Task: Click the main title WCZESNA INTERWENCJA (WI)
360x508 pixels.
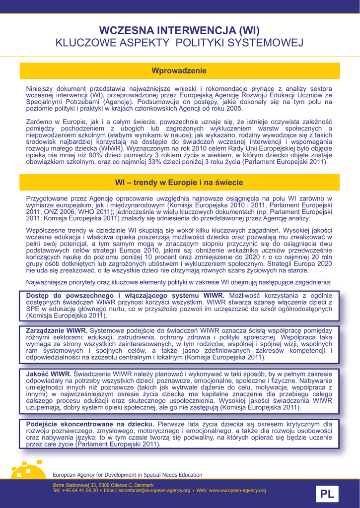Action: click(179, 31)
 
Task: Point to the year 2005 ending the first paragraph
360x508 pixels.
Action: click(235, 108)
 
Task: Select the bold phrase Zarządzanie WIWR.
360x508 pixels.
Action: click(57, 330)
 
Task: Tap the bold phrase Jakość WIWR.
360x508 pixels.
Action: click(48, 374)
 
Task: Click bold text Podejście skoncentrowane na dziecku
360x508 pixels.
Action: click(89, 424)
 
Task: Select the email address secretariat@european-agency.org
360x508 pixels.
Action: click(156, 490)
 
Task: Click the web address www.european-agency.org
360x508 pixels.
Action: click(238, 490)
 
